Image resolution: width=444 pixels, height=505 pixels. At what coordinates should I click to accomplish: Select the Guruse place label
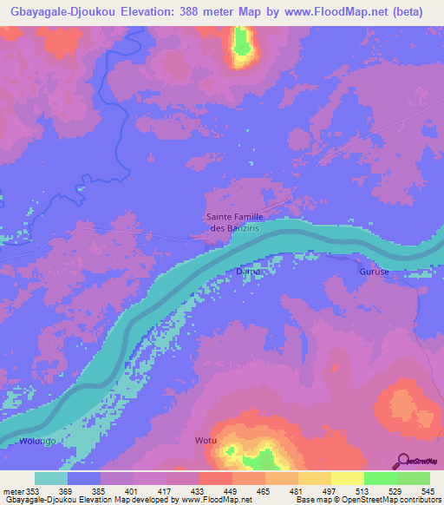(x=375, y=272)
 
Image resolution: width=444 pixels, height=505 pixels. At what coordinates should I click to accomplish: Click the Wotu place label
(x=206, y=441)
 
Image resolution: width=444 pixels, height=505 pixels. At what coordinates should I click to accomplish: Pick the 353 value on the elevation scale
(x=33, y=491)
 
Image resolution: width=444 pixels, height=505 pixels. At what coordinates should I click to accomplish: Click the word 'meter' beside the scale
(x=12, y=491)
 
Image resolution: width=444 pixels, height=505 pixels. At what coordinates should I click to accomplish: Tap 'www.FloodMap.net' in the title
(x=334, y=11)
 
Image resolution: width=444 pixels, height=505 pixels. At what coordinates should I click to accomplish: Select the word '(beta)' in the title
(x=416, y=11)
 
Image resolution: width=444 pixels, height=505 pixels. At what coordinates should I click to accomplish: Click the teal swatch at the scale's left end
(x=51, y=478)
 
